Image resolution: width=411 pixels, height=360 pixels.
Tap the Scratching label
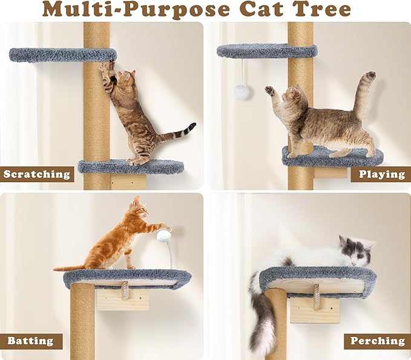point(37,174)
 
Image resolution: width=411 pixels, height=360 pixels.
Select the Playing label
point(381,174)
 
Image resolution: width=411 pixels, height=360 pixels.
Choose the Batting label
point(31,341)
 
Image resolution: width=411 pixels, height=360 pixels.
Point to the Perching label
point(376,341)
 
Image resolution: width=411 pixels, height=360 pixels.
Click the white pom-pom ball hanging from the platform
point(242,91)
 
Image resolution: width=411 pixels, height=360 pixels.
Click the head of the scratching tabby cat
point(125,79)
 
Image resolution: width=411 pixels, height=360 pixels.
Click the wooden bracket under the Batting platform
point(122,296)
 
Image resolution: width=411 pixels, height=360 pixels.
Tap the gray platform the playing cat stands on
point(332,157)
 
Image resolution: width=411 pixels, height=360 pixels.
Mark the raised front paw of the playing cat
point(269,91)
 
